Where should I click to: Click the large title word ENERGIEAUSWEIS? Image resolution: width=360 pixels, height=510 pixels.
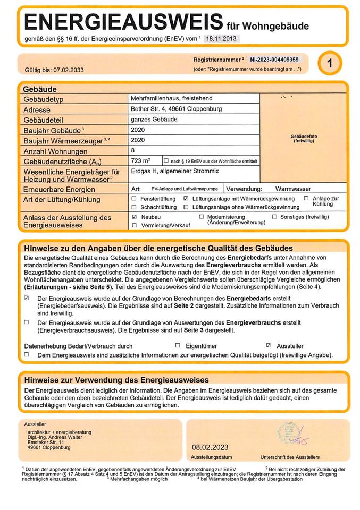coord(123,22)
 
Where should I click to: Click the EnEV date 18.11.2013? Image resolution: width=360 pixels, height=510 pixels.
coord(221,38)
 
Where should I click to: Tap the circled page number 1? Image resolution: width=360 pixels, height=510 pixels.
coord(330,64)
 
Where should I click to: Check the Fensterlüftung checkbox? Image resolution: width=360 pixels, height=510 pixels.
coord(134,198)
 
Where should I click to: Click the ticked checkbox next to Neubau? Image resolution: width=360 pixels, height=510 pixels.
coord(134,217)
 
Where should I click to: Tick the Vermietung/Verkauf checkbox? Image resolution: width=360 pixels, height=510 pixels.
coord(134,225)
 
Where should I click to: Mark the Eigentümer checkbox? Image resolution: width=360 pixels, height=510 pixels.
coord(178,345)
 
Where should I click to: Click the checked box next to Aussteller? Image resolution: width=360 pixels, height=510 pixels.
coord(269,345)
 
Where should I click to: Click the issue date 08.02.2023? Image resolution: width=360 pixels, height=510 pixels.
coord(210,447)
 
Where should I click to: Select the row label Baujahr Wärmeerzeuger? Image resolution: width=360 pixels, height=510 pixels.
coord(66,140)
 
